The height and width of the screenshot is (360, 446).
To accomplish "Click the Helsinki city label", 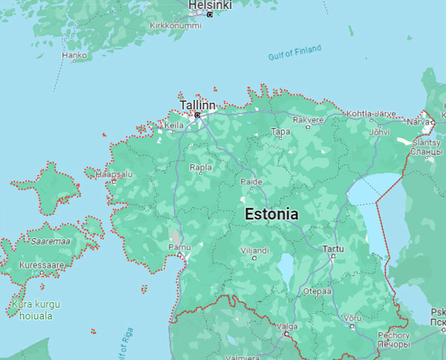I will click(210, 5).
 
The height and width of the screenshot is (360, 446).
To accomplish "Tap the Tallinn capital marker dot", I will click(197, 115).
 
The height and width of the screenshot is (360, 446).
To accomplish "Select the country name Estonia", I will click(271, 214).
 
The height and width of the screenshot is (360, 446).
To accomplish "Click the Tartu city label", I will click(334, 248).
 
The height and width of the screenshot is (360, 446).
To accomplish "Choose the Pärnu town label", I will click(179, 247).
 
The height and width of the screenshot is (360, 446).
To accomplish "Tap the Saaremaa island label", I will click(51, 241).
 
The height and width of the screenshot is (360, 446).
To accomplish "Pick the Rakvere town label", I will click(308, 119).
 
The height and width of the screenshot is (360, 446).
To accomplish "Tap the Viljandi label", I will click(254, 251).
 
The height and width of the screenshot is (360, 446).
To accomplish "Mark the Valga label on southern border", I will click(287, 327).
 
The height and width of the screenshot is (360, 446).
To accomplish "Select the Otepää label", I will click(316, 292).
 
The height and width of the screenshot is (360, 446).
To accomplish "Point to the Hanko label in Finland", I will click(74, 55).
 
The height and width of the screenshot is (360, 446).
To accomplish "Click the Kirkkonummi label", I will click(175, 25).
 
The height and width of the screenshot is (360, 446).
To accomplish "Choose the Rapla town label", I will click(201, 167).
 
